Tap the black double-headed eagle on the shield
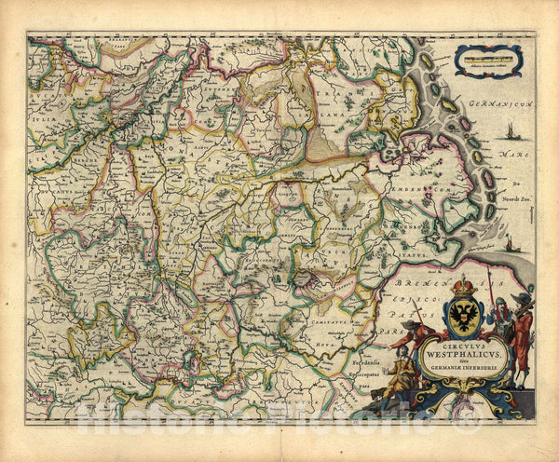(x=463, y=318)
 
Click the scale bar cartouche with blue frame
(x=488, y=61)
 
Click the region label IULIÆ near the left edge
(x=43, y=91)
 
